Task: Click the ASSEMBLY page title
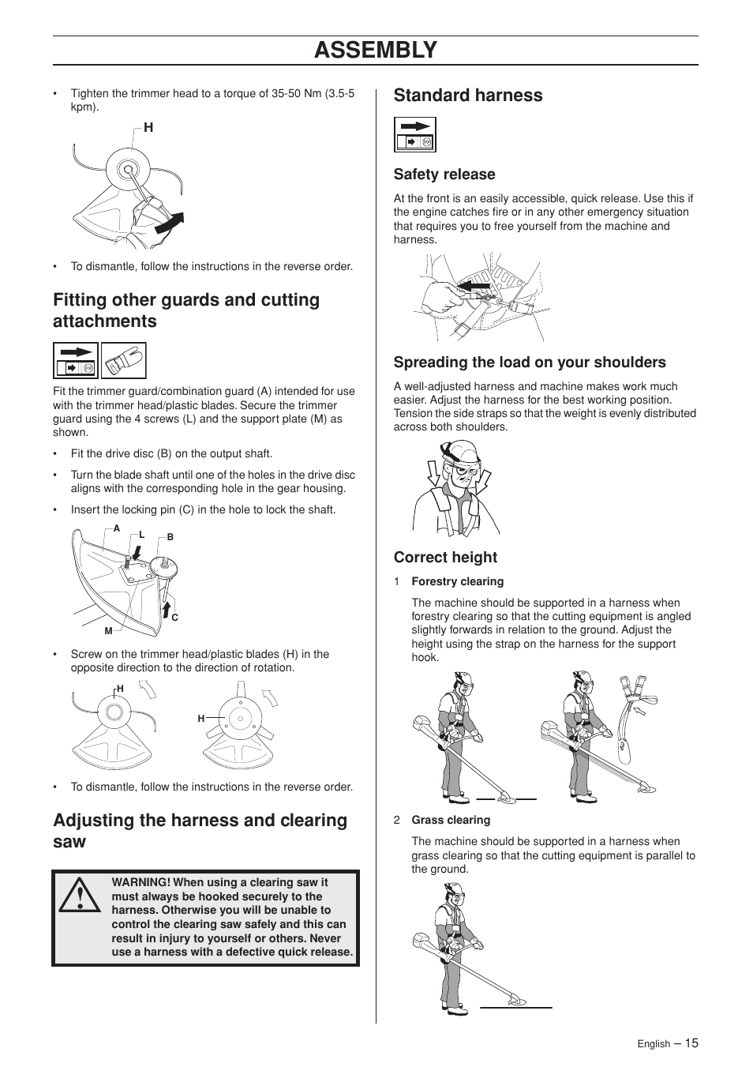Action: pyautogui.click(x=376, y=50)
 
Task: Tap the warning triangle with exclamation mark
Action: pyautogui.click(x=80, y=896)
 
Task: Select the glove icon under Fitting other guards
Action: pyautogui.click(x=124, y=361)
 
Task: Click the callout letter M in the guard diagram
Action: pyautogui.click(x=108, y=631)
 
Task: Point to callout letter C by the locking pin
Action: pyautogui.click(x=174, y=618)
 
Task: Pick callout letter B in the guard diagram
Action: pyautogui.click(x=170, y=537)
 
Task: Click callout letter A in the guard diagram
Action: pyautogui.click(x=117, y=528)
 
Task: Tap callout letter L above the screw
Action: pyautogui.click(x=142, y=535)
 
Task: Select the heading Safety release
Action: pyautogui.click(x=444, y=175)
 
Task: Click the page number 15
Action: pyautogui.click(x=691, y=1043)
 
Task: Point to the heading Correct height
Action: pyautogui.click(x=445, y=558)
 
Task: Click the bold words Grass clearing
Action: pyautogui.click(x=451, y=820)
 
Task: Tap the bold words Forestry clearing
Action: pyautogui.click(x=458, y=581)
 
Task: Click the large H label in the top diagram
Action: pyautogui.click(x=148, y=128)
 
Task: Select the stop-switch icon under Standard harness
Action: pyautogui.click(x=414, y=135)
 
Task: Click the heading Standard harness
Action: pyautogui.click(x=468, y=96)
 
